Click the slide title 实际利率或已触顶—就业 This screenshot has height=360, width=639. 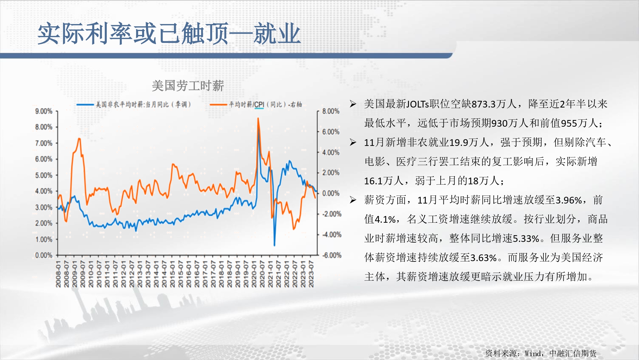[x=169, y=34]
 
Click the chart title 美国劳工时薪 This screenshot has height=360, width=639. [x=188, y=86]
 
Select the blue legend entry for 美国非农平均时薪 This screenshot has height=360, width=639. [x=134, y=104]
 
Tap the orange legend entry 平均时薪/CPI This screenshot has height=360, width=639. [x=256, y=104]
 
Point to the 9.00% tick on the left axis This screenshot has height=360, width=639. [x=44, y=111]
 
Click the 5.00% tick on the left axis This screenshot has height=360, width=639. [x=44, y=175]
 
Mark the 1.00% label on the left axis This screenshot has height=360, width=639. [x=44, y=239]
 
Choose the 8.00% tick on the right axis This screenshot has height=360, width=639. [x=331, y=111]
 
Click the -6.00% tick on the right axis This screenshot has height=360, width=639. [x=332, y=255]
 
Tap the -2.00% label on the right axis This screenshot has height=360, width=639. [x=332, y=214]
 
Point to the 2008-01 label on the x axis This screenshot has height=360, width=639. [x=58, y=274]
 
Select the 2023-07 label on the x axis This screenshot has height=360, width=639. [x=311, y=274]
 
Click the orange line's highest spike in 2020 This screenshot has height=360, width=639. [x=258, y=118]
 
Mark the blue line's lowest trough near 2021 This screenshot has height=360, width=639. [x=274, y=245]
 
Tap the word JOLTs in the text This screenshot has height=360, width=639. [x=418, y=104]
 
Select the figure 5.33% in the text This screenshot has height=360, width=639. [x=526, y=238]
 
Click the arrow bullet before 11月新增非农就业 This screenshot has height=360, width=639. [x=353, y=142]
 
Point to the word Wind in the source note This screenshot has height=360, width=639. [x=533, y=353]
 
